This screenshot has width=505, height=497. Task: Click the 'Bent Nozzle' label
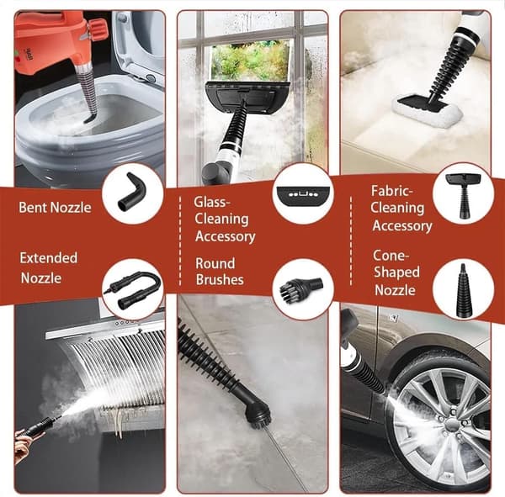pyautogui.click(x=55, y=208)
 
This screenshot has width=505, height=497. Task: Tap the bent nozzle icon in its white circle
pyautogui.click(x=132, y=193)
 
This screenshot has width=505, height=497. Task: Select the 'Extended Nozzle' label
pyautogui.click(x=49, y=267)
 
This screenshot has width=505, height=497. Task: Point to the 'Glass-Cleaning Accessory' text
pyautogui.click(x=225, y=219)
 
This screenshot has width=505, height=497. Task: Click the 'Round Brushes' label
pyautogui.click(x=220, y=272)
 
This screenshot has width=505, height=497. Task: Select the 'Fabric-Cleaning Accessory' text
pyautogui.click(x=401, y=209)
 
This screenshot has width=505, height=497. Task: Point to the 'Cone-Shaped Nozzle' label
pyautogui.click(x=396, y=272)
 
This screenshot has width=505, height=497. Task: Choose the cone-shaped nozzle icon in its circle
pyautogui.click(x=464, y=289)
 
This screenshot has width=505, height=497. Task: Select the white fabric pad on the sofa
pyautogui.click(x=427, y=111)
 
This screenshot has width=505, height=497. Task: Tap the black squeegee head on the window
pyautogui.click(x=247, y=97)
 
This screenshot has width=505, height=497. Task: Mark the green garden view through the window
pyautogui.click(x=250, y=61)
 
